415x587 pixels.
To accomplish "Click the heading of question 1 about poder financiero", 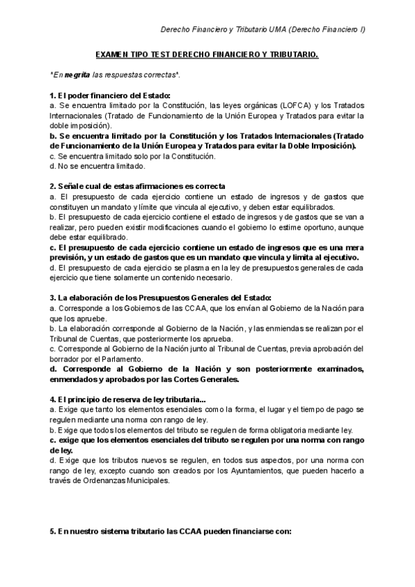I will coord(109,95).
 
